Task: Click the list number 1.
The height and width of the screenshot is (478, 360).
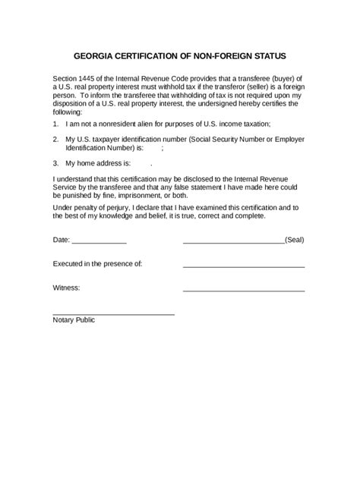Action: (x=55, y=123)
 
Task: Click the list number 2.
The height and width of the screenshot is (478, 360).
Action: (x=55, y=140)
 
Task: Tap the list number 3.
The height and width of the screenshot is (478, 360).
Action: (x=55, y=163)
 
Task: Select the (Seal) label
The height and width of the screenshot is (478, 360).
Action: (x=295, y=240)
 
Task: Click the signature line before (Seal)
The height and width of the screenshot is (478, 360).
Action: (x=233, y=242)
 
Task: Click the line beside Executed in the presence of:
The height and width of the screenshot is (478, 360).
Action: (x=244, y=266)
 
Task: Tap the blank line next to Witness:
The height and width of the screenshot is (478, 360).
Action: (x=244, y=291)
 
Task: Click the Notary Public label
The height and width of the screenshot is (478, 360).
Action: (x=74, y=320)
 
